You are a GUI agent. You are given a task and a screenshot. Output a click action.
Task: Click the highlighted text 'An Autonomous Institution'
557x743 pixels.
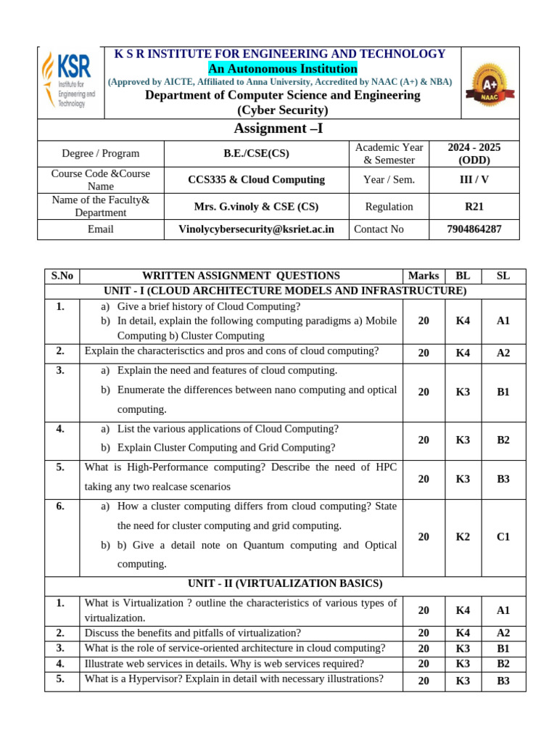tap(283, 69)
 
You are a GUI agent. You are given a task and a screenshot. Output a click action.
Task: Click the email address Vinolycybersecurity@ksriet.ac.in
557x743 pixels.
tap(256, 229)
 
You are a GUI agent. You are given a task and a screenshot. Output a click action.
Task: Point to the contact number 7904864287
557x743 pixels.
tap(474, 229)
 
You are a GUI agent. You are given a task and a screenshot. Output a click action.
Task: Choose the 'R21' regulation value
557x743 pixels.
tap(474, 207)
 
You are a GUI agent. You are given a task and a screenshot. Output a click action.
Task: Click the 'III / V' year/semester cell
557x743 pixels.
tap(474, 180)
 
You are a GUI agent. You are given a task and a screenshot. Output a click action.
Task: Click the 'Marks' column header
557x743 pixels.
tap(424, 276)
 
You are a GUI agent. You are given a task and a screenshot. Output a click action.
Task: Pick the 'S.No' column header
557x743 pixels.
tap(62, 276)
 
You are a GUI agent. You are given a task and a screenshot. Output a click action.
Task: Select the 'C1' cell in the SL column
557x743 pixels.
tap(503, 537)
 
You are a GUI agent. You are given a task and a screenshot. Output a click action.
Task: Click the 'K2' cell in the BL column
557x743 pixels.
tap(463, 537)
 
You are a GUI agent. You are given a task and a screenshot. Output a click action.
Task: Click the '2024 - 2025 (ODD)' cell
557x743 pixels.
tap(474, 154)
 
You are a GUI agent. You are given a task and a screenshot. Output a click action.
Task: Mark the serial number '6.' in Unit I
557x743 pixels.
tap(61, 506)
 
